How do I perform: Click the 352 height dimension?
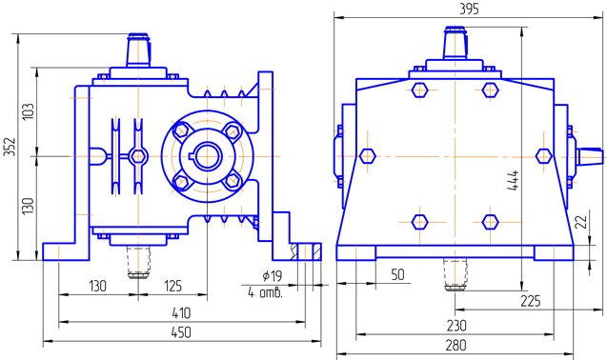point(10,147)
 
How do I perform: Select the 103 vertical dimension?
point(29,111)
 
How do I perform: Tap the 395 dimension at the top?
point(469,9)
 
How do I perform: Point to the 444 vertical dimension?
point(513,180)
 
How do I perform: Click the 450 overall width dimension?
point(181,332)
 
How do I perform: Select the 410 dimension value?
point(181,313)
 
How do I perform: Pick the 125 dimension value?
point(172,286)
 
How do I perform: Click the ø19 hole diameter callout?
point(273,276)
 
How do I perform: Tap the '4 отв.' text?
point(266,293)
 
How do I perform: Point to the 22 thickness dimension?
point(581,222)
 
